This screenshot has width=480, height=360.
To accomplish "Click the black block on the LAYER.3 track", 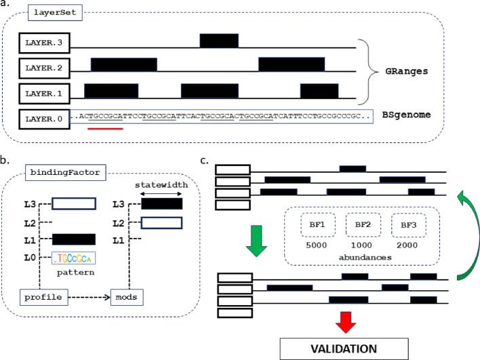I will point(219,41).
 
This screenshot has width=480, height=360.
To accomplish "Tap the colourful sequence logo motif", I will point(73,258).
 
